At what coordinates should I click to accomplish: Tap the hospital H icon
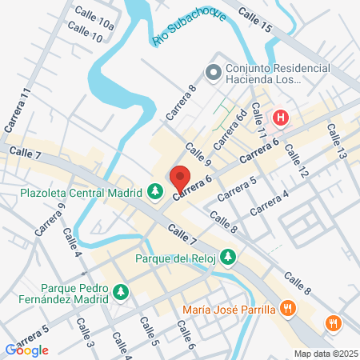(281, 118)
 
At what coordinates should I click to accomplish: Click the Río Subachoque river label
(186, 30)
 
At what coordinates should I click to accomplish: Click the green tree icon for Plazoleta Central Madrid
(155, 192)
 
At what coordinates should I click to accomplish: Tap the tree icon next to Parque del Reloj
(229, 257)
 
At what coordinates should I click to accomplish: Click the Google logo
(27, 350)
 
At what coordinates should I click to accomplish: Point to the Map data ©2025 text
(324, 354)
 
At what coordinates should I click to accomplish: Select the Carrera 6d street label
(231, 127)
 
